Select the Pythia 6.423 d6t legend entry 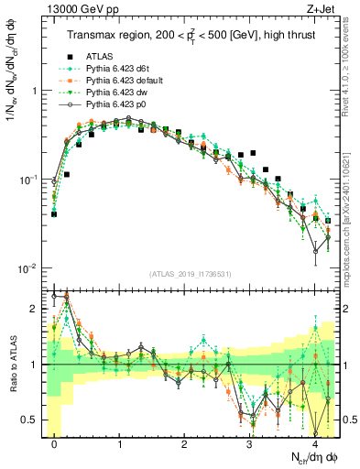tap(117, 70)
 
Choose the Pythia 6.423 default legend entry tap(123, 82)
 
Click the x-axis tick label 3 tap(249, 443)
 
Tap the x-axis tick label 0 tap(55, 443)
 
